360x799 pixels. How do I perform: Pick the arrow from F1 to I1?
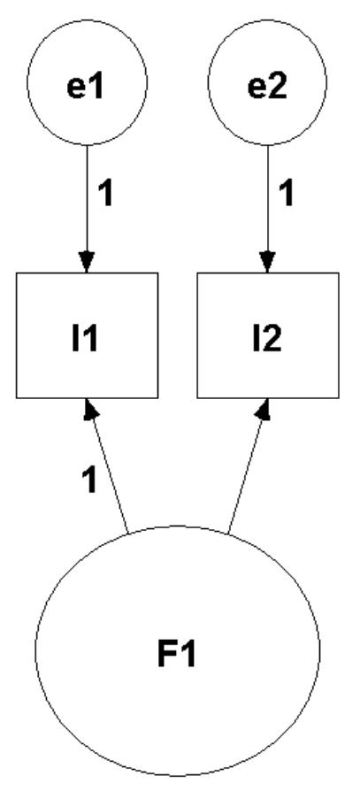(x=108, y=469)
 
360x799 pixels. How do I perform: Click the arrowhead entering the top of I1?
(x=87, y=263)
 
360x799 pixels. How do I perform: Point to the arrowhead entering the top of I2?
(x=267, y=263)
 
